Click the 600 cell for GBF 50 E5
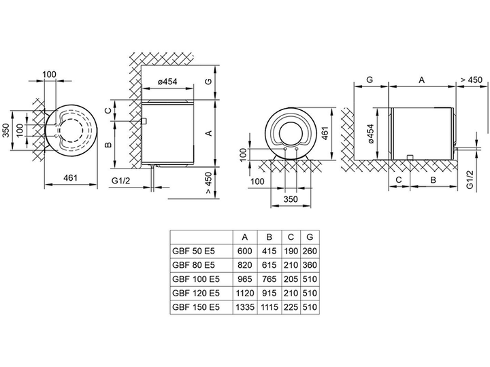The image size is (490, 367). [245, 251]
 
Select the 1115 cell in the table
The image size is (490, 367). [269, 307]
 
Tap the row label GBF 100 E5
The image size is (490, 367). [196, 279]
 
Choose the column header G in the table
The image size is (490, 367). [310, 237]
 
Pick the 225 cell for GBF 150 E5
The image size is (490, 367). [291, 307]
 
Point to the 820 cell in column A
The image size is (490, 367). [245, 265]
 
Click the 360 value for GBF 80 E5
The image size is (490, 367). [310, 265]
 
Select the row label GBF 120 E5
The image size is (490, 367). [196, 293]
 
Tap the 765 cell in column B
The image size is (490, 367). [269, 279]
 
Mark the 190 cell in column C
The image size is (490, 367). [291, 251]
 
